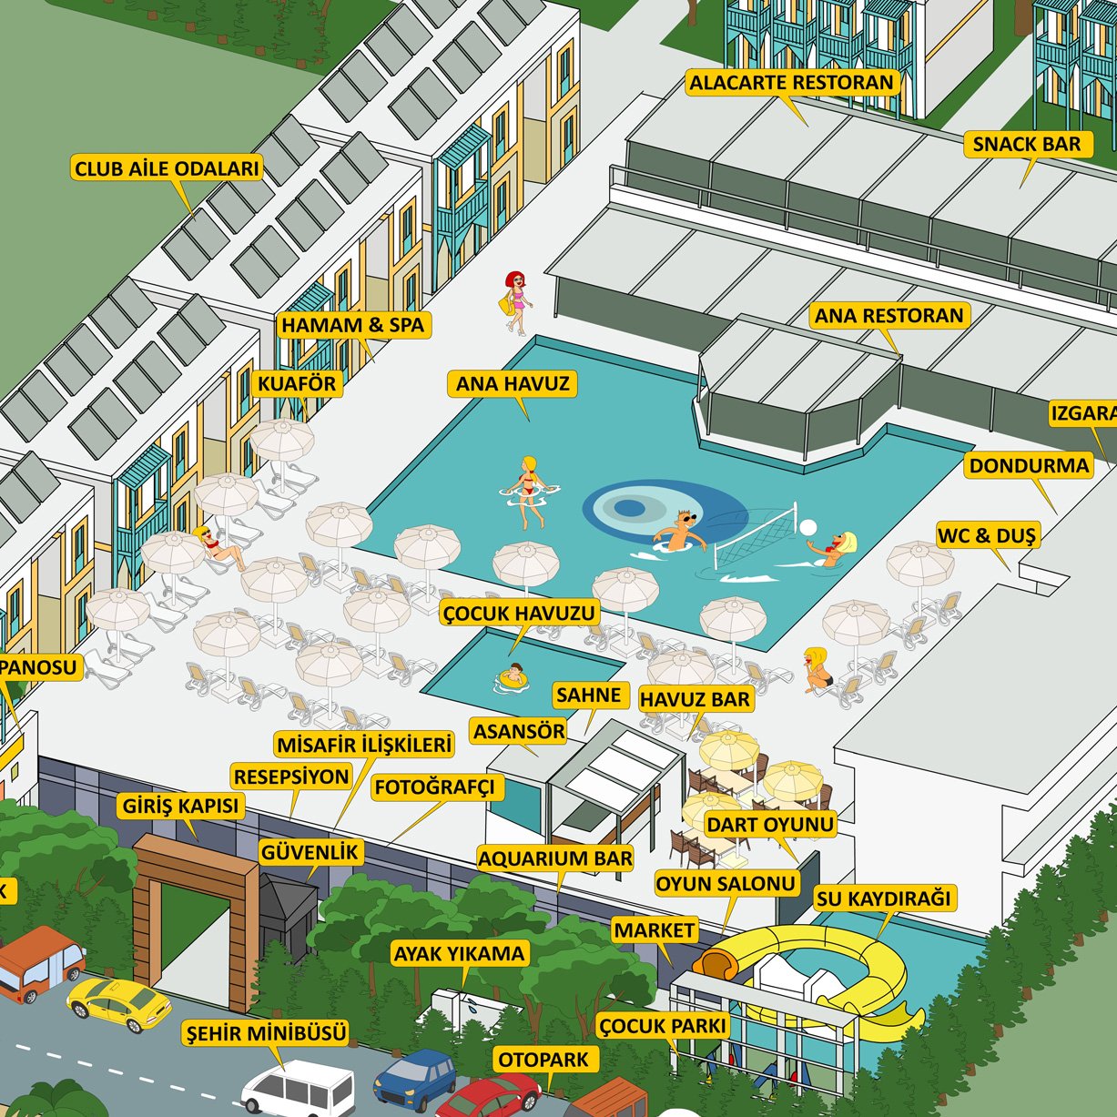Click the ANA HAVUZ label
tap(513, 384)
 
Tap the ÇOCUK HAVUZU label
tap(519, 614)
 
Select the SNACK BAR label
tap(1027, 145)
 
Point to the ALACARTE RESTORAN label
tap(791, 83)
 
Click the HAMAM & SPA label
tap(352, 326)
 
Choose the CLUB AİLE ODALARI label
tap(168, 168)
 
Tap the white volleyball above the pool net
tap(807, 527)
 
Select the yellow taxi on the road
tap(117, 1003)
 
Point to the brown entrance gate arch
tap(196, 901)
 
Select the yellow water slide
tap(819, 970)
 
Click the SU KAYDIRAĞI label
tap(883, 899)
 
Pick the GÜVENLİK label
tap(310, 853)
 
